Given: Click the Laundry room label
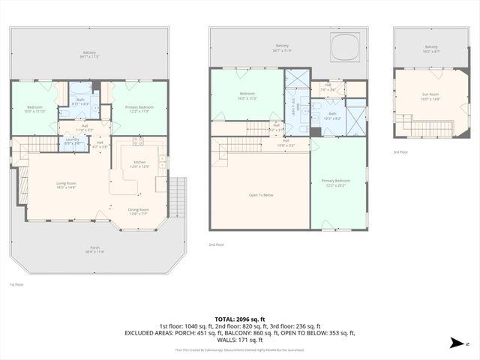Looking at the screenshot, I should pos(73,140).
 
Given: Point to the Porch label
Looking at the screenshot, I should pos(95,248).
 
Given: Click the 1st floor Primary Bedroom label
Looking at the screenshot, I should pos(136,109).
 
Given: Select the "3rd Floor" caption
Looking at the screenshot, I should pos(401,152).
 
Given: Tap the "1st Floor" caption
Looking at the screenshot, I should pos(16,284).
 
